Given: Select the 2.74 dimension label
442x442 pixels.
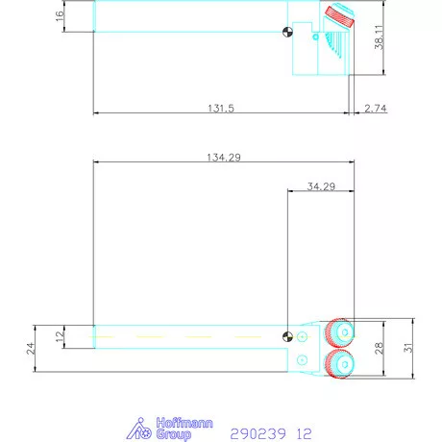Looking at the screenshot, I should click(x=376, y=108).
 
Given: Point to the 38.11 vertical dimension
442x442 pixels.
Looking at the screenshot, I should click(x=380, y=37).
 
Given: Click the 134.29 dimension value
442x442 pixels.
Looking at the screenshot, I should click(x=223, y=156).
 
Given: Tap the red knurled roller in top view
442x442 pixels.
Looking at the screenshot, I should click(x=338, y=17).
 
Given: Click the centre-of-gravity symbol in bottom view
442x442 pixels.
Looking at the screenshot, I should click(x=287, y=335).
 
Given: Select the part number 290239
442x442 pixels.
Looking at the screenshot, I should click(x=258, y=434).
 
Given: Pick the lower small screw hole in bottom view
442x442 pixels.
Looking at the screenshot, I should click(x=304, y=358).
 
